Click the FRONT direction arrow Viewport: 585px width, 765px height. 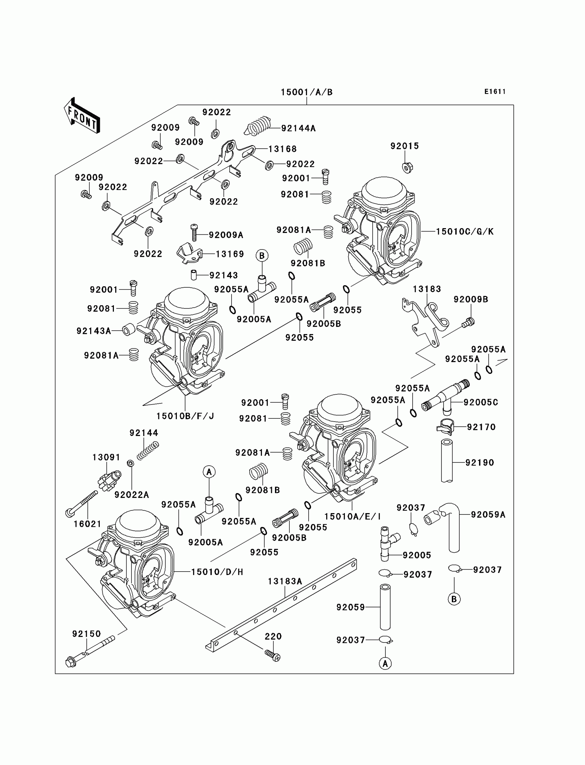[82, 116]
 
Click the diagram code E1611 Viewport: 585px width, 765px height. [494, 92]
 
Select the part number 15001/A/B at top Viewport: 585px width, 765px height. [306, 92]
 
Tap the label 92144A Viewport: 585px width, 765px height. [298, 128]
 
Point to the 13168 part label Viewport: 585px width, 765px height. [283, 149]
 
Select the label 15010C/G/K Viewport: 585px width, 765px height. [465, 232]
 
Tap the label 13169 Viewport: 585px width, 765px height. [230, 254]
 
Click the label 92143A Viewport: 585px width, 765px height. [94, 331]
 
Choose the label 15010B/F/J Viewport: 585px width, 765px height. [185, 416]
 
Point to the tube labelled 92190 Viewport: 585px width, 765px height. [447, 461]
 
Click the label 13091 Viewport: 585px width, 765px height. [106, 457]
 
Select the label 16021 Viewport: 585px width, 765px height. [87, 524]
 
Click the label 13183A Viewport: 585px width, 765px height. [285, 582]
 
